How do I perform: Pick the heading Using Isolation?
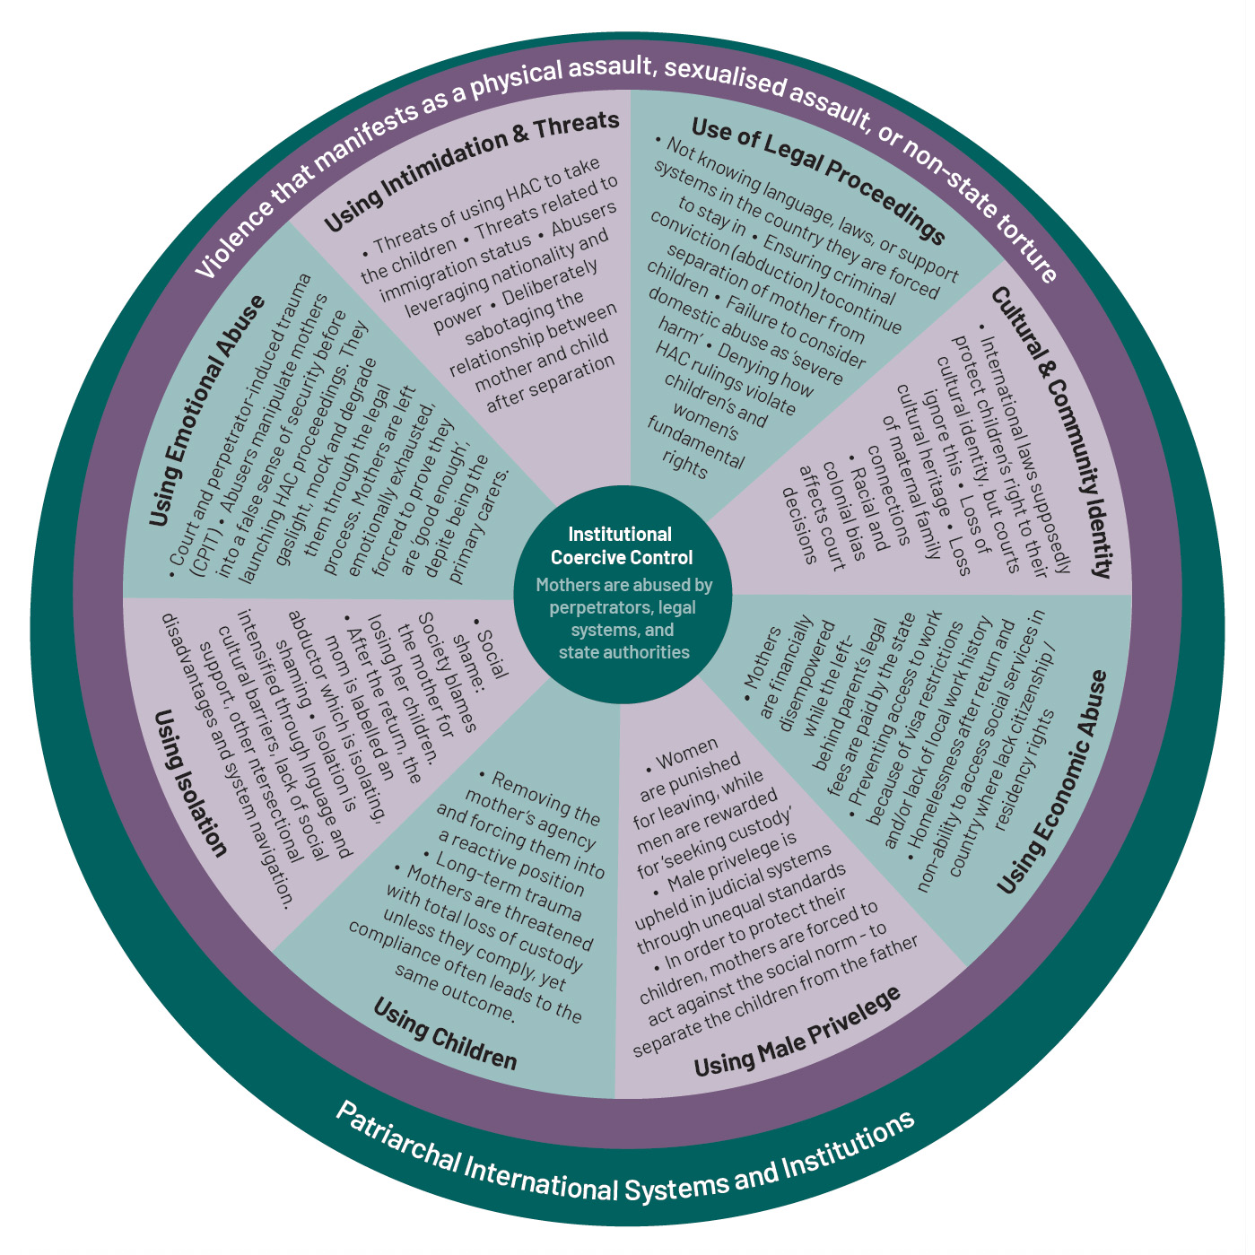click(189, 781)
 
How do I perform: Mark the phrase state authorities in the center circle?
click(623, 652)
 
